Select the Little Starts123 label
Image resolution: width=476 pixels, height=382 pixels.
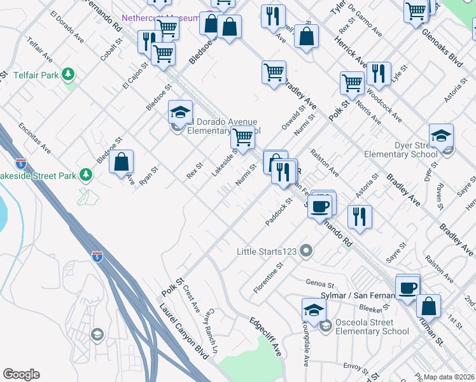point(267,251)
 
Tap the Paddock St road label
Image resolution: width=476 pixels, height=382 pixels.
point(279,211)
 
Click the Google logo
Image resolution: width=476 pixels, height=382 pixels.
point(21,374)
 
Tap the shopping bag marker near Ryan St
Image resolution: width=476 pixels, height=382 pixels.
point(121,163)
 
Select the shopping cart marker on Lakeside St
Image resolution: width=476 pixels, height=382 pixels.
point(242,137)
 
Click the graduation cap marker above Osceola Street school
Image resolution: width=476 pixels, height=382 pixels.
point(314,311)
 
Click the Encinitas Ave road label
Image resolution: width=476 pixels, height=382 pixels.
point(35,138)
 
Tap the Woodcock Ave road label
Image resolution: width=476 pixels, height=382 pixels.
point(388,109)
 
